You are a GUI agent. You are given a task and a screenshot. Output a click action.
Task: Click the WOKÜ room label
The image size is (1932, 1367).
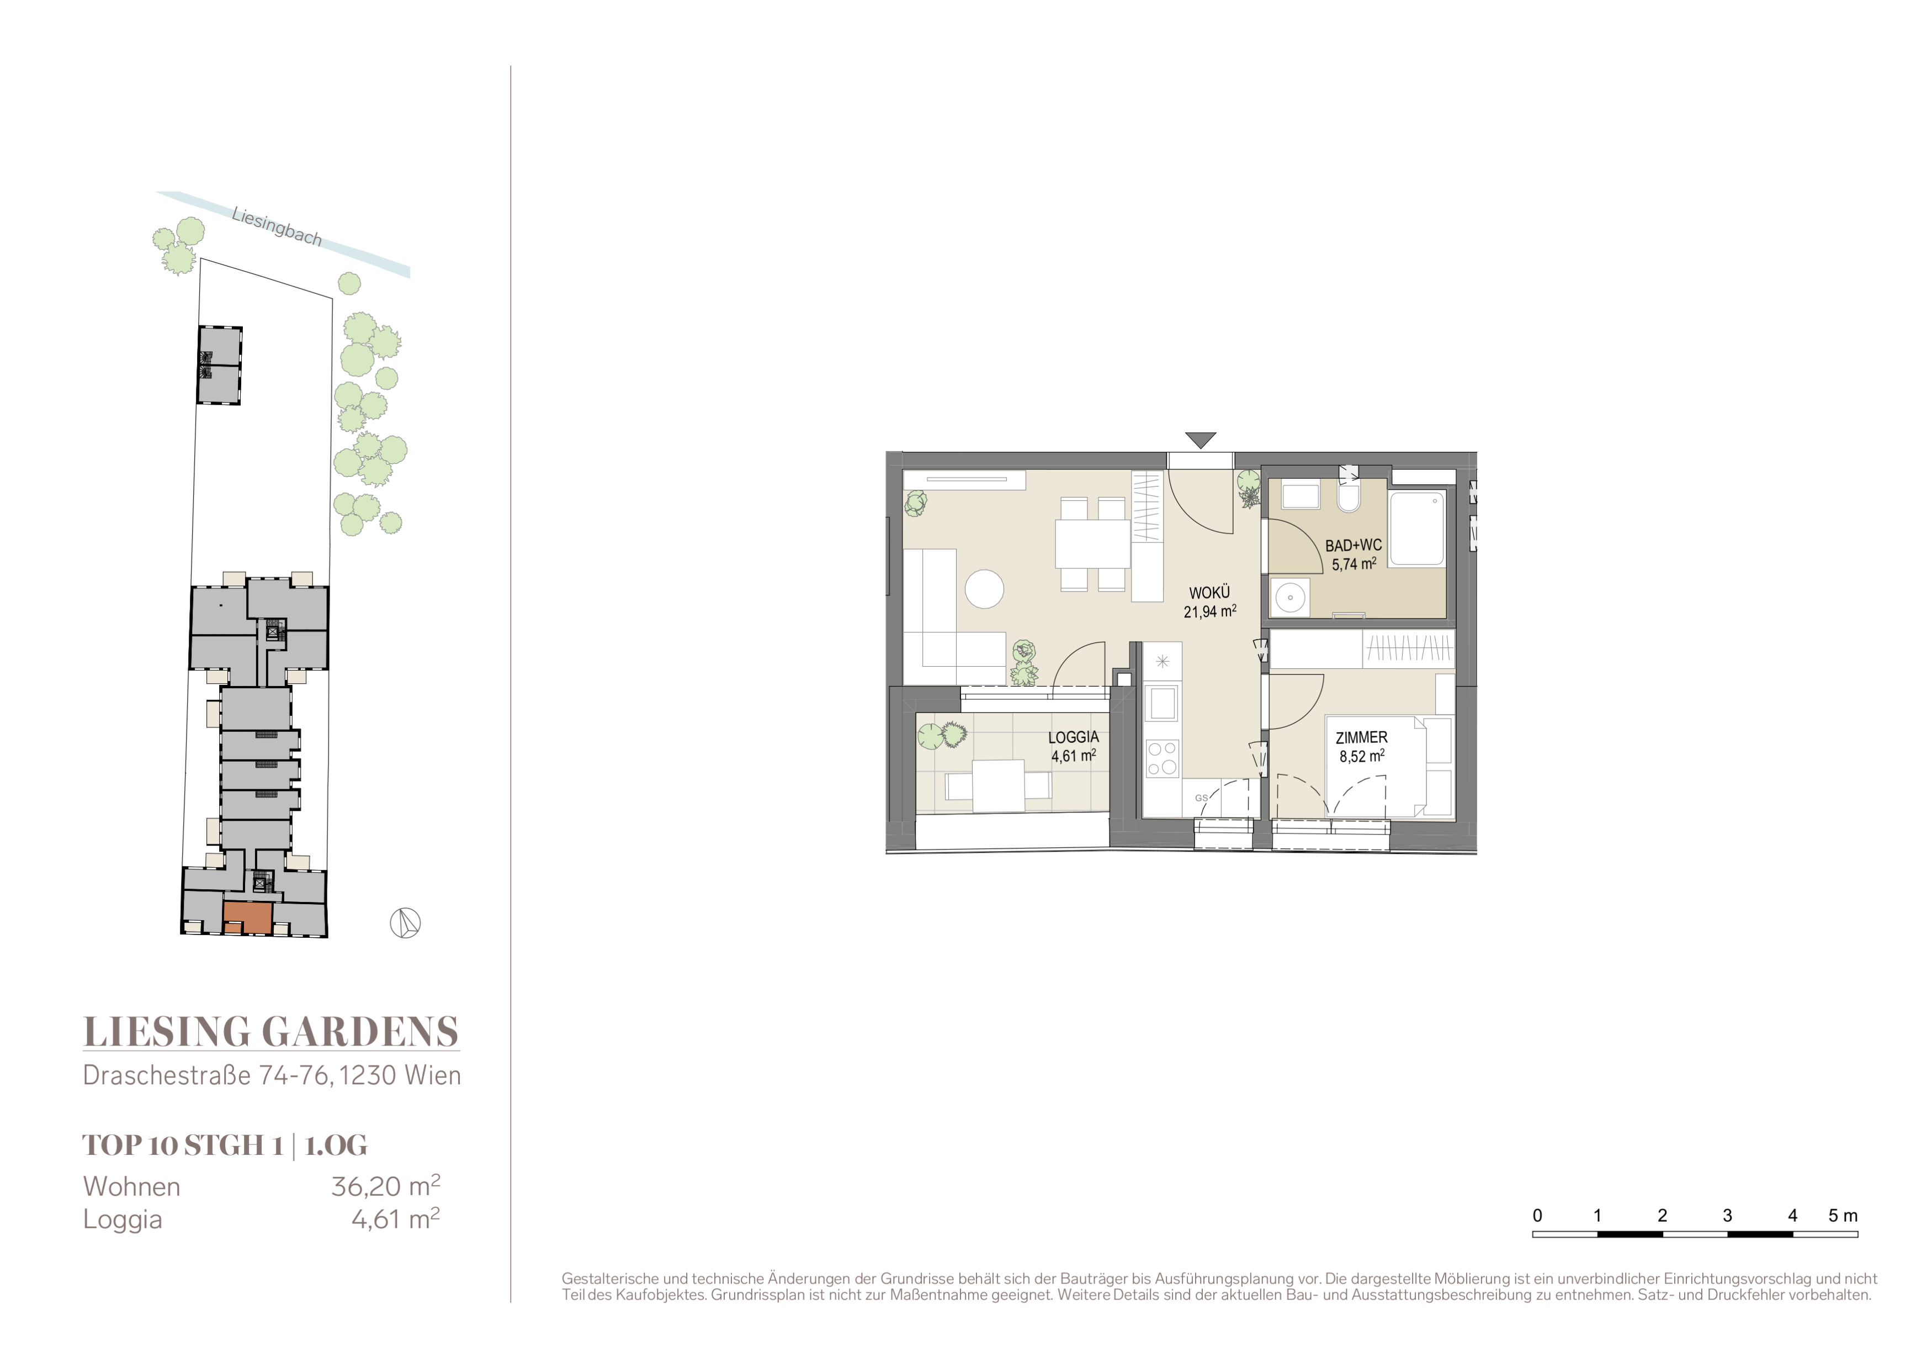1209,593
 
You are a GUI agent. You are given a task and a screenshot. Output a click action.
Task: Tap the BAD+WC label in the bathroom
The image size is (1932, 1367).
1353,546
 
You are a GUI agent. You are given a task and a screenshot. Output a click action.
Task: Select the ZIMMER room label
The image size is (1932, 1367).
1361,737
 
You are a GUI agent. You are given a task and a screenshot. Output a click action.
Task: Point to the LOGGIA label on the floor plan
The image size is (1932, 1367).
1074,737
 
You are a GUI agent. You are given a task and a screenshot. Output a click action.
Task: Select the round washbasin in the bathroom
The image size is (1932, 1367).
1290,598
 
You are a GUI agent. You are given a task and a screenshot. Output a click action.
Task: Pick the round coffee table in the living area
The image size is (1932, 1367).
985,589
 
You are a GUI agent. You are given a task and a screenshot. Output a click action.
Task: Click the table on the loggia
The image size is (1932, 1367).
998,786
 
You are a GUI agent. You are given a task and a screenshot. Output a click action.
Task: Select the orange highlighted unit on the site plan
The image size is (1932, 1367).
247,917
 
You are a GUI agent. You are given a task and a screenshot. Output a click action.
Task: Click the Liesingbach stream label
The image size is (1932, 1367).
277,227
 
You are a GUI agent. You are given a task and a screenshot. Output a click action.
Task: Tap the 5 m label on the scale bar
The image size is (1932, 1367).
1843,1216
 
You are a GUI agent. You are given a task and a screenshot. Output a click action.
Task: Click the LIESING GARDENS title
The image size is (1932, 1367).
271,1032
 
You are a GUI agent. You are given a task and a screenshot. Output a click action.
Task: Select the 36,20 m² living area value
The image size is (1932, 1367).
385,1185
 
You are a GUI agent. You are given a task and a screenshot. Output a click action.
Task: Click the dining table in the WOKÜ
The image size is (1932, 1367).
1093,544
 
